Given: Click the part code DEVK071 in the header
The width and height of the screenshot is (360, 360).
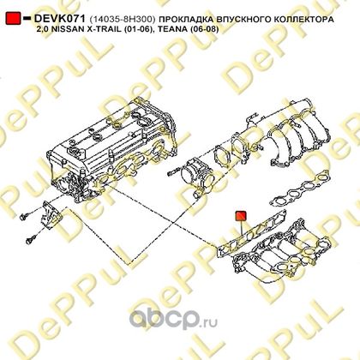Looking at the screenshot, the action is point(60,19).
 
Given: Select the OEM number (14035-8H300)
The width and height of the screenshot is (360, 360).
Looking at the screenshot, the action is point(123,20).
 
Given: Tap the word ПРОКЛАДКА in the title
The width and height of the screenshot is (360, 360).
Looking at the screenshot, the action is point(186,20).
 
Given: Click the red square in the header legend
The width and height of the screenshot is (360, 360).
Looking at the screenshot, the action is point(14,18).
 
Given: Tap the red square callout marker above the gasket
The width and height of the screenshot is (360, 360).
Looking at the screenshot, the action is point(241,216).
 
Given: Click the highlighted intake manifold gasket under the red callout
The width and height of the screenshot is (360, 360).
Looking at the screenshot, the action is point(251,233).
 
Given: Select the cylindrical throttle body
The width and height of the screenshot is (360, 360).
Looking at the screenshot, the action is point(198,177).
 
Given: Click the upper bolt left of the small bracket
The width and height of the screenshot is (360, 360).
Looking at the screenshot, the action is point(25,216).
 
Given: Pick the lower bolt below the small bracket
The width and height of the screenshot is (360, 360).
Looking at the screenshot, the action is point(31,239).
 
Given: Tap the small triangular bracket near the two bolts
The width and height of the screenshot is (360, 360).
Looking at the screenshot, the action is point(50,215).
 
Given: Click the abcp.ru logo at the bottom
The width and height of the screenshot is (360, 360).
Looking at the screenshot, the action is point(173,320).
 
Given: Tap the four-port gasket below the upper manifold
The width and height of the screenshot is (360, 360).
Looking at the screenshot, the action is point(299,188).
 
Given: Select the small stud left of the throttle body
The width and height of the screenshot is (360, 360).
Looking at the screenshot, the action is point(173,173).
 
